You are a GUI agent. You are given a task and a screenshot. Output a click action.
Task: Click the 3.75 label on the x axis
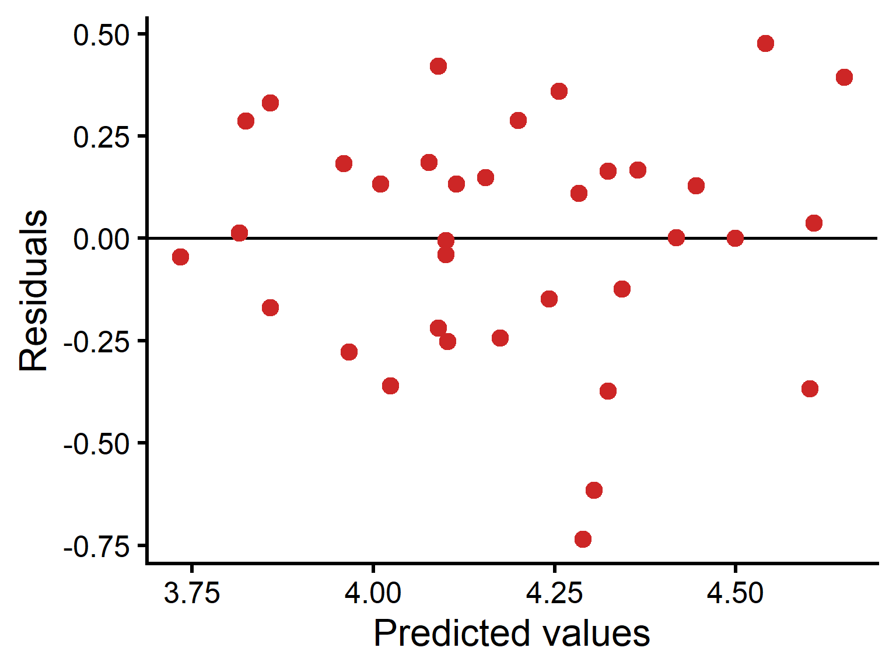(x=191, y=593)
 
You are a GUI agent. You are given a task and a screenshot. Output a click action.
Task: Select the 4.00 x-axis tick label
(x=373, y=593)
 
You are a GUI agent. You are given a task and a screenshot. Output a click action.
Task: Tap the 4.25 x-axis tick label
(x=554, y=593)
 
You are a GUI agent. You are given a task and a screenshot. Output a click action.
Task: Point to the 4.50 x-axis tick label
(x=735, y=593)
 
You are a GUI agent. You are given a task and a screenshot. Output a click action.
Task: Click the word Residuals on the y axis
(x=33, y=290)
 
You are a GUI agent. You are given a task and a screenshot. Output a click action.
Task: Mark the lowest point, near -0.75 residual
(x=583, y=540)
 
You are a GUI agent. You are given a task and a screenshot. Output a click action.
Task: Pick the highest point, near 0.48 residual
(x=765, y=43)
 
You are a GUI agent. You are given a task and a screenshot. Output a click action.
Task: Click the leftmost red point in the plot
(x=180, y=257)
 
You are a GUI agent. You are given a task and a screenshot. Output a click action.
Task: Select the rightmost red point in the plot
(x=844, y=77)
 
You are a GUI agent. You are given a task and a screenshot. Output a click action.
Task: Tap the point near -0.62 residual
(x=593, y=490)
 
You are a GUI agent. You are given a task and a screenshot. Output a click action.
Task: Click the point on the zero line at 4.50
(x=735, y=238)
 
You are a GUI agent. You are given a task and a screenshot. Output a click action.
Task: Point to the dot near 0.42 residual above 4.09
(x=438, y=66)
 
